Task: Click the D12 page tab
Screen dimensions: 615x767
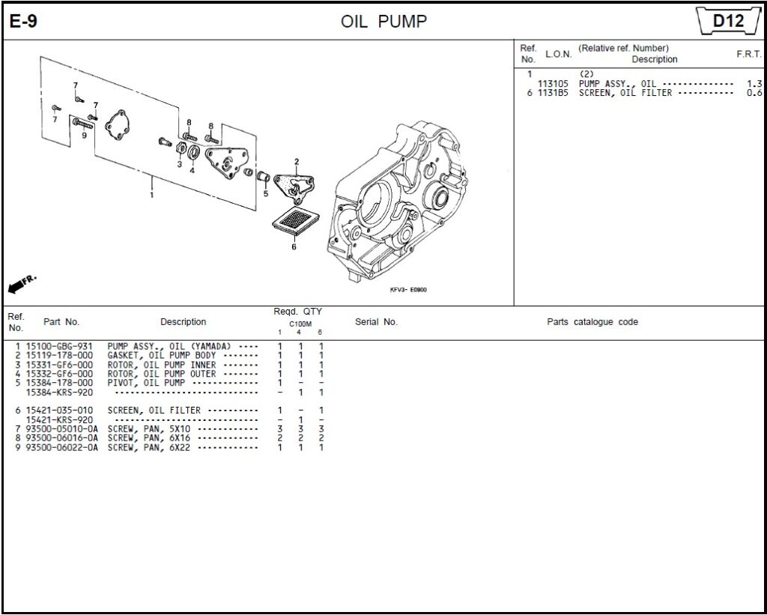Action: [727, 21]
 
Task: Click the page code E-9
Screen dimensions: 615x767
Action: [23, 22]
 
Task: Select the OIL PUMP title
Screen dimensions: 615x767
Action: [383, 22]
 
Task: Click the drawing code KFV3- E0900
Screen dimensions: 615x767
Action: [408, 290]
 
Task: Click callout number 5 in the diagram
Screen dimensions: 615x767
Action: [265, 193]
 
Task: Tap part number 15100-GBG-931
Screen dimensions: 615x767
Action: [59, 346]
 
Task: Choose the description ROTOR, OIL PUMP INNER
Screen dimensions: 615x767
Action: [162, 365]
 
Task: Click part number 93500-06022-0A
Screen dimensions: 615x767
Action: [61, 447]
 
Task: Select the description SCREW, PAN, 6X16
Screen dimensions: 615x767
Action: [149, 438]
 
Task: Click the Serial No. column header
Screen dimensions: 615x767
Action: [376, 322]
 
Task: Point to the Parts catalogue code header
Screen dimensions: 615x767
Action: [592, 322]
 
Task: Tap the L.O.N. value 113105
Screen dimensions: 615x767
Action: [553, 84]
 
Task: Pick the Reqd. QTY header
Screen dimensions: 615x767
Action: [297, 312]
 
